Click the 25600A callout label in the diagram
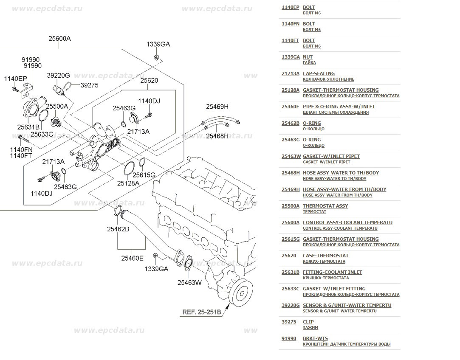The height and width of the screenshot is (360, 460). pos(59,38)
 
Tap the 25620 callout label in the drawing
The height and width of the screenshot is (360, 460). pos(149,80)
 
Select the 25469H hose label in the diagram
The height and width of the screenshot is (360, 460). pos(217,107)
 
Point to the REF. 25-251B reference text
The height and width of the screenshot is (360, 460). pos(202,312)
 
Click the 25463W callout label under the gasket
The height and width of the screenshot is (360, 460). pos(189,283)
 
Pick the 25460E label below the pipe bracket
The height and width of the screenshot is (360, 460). pos(133,258)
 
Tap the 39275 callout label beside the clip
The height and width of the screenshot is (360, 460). pos(90,85)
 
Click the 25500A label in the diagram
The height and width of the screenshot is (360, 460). pos(57,107)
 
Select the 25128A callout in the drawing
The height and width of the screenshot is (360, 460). pos(128,183)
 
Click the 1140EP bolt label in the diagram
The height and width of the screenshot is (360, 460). pos(15,79)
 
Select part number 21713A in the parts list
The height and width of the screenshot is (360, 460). pos(291,73)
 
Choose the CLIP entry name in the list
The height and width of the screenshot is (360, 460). pos(308,322)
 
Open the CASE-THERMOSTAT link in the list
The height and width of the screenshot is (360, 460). pos(326,256)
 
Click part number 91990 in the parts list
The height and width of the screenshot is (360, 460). pos(289,339)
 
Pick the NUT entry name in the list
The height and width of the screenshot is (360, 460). pos(308,57)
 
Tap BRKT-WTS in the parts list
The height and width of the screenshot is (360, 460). pos(315,339)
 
